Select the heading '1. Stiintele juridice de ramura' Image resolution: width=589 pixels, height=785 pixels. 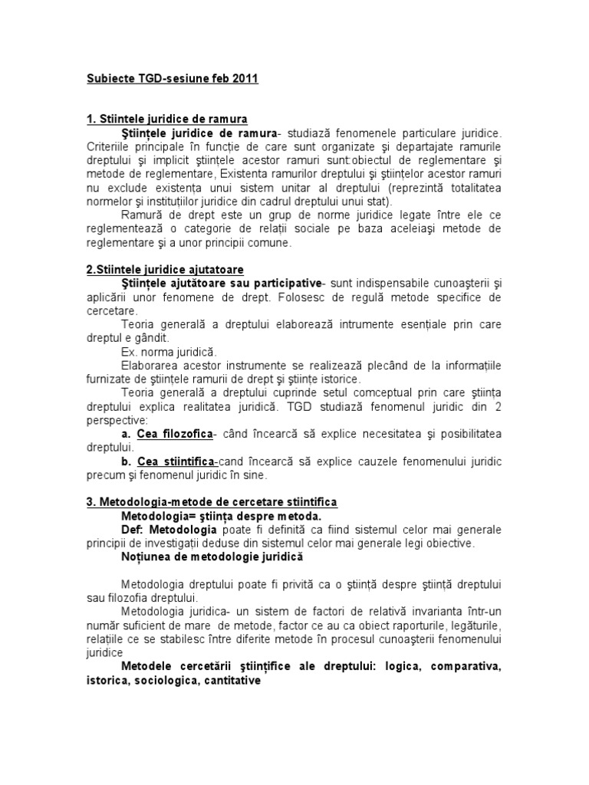point(166,119)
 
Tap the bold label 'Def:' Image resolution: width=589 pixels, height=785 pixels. point(133,530)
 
